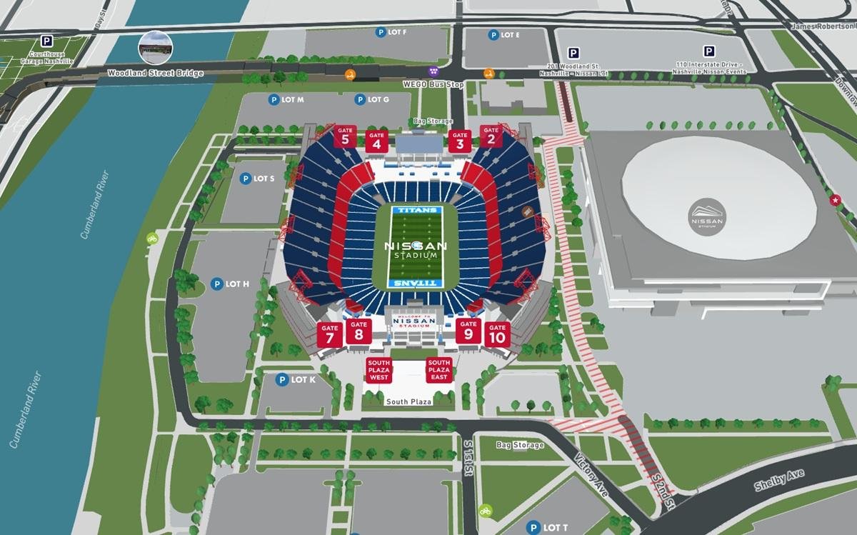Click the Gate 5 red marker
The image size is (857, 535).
346,136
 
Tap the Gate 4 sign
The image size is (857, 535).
376,140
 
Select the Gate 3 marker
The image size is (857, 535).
459,140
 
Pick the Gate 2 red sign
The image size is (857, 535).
491,136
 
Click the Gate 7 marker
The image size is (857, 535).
329,335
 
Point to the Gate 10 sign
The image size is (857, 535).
498,334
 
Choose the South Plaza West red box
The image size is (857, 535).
379,370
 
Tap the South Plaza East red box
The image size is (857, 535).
439,370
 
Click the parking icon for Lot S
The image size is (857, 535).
245,179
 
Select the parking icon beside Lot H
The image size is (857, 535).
216,284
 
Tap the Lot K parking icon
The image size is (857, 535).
283,380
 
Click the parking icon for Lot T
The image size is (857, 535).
532,527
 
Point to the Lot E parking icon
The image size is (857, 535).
493,35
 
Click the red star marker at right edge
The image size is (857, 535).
834,201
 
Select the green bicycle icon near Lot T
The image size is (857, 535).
486,511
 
